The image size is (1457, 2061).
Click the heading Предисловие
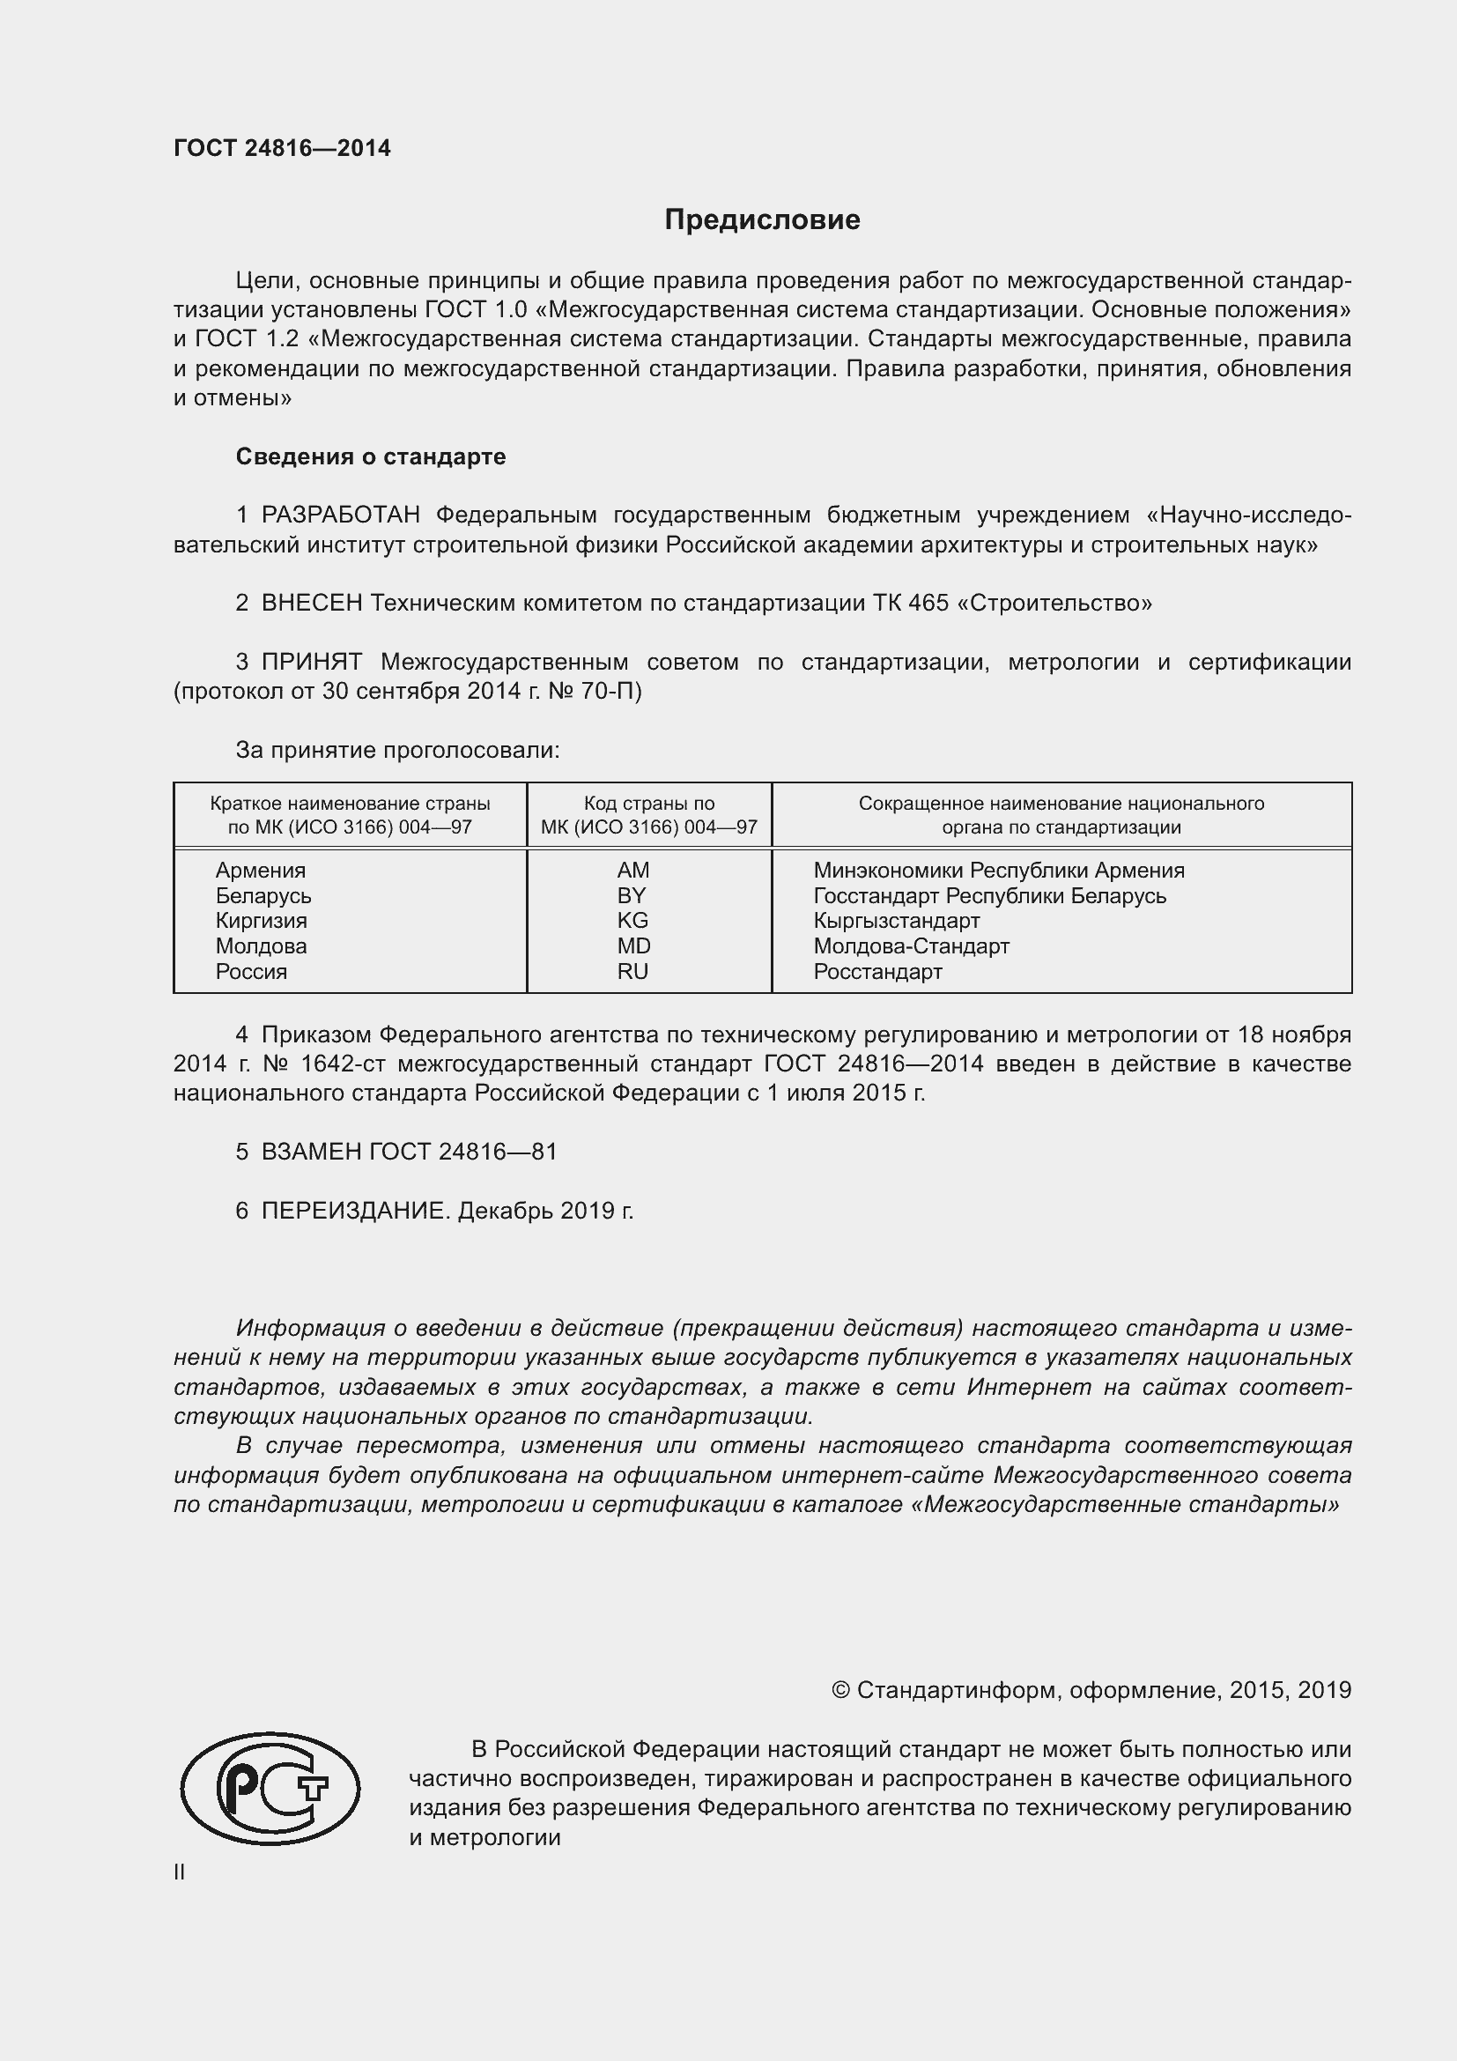coord(762,220)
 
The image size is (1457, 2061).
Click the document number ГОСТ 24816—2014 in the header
coord(282,149)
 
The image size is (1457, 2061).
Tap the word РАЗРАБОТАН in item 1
coord(340,515)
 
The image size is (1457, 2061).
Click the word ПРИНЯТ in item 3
coord(311,663)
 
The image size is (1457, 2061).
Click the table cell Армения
coord(260,871)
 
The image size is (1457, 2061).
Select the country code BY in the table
coord(632,896)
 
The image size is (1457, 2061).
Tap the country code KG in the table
coord(632,921)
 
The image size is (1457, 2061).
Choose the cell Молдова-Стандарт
coord(911,946)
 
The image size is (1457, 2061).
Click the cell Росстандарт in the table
coord(877,972)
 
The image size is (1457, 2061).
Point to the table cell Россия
coord(251,972)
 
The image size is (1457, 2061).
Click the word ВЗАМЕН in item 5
coord(311,1152)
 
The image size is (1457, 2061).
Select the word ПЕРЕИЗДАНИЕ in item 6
coord(353,1211)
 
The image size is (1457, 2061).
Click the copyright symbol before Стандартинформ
coord(839,1690)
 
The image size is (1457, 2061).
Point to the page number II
coord(180,1872)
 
